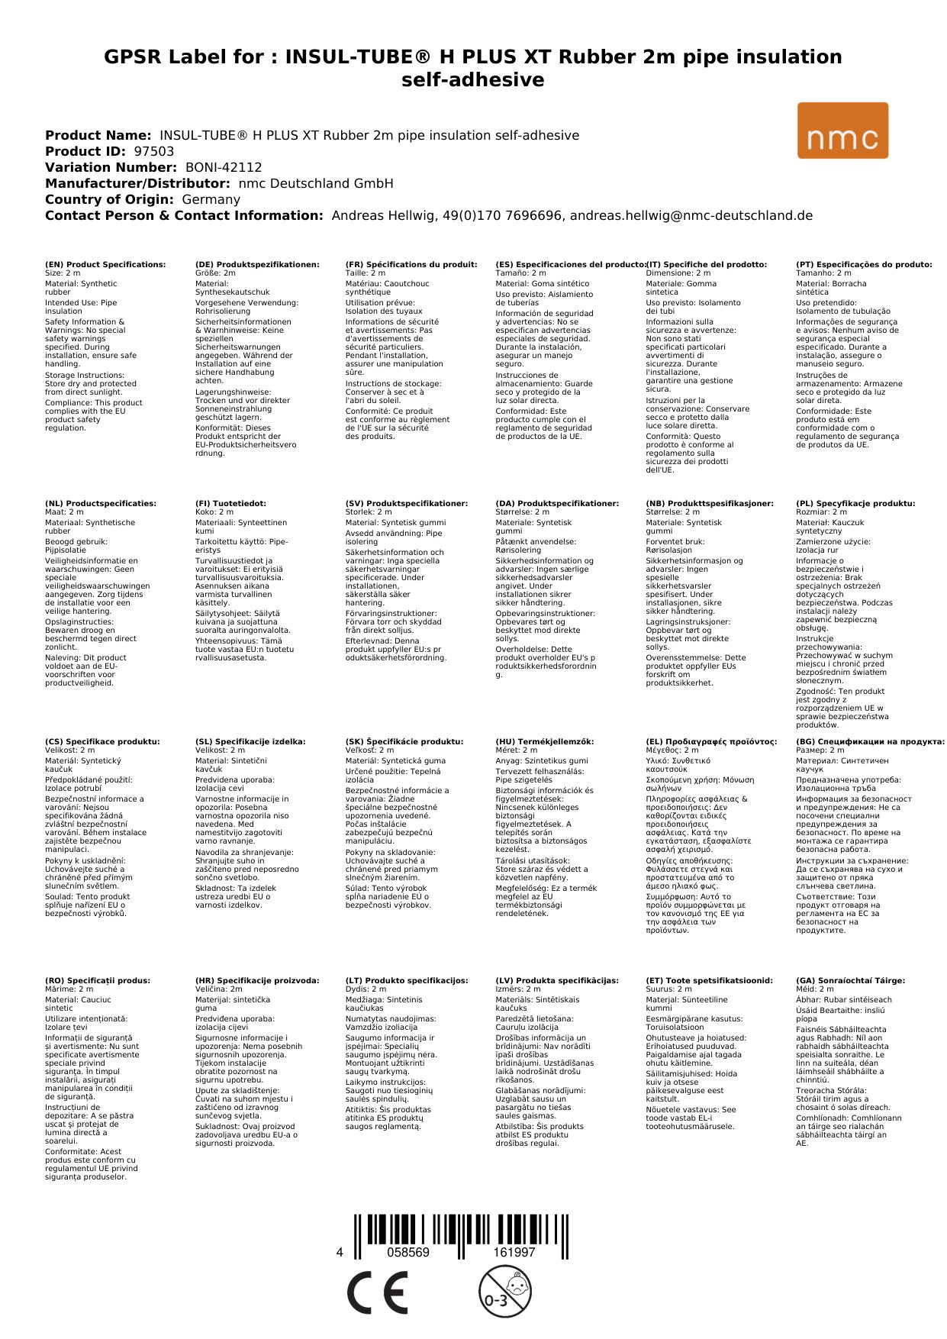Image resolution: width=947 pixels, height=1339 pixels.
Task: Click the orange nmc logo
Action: [x=842, y=131]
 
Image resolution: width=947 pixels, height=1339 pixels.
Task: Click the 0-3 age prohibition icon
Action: [x=504, y=1291]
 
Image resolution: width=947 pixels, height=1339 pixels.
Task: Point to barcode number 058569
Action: [x=408, y=1252]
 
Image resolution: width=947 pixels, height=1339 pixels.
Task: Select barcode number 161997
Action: [x=514, y=1252]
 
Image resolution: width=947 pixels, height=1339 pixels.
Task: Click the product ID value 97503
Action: [x=154, y=151]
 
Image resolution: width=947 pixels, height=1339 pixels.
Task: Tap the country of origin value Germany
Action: [x=211, y=199]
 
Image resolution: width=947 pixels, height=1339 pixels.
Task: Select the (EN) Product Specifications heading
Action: [x=105, y=264]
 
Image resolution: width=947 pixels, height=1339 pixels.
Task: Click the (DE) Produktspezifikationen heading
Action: [x=257, y=264]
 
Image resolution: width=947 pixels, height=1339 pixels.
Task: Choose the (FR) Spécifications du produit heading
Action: [x=411, y=264]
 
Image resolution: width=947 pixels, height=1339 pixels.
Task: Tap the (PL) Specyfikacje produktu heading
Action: [x=855, y=503]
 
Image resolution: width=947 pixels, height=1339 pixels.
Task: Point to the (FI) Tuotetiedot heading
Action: [x=230, y=503]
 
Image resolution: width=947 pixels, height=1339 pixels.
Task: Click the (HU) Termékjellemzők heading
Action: [x=544, y=741]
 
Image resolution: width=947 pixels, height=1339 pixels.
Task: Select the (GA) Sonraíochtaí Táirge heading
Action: [x=850, y=980]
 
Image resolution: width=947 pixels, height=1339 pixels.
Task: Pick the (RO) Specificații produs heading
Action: [x=98, y=980]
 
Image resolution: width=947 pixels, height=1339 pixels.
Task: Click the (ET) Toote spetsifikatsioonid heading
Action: [x=709, y=980]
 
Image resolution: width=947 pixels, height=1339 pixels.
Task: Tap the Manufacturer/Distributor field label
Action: [x=137, y=183]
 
